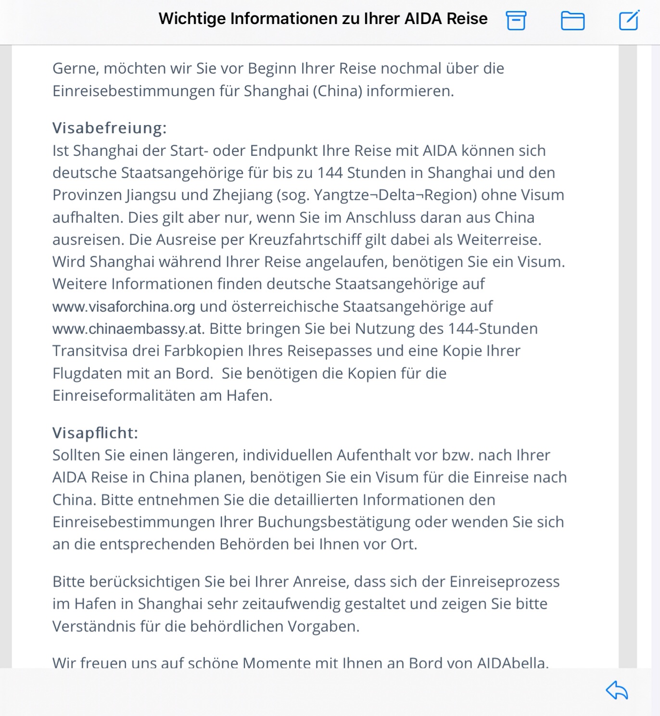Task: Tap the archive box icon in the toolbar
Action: (x=516, y=20)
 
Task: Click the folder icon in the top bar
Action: (x=572, y=21)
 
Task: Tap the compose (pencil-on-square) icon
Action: (x=629, y=20)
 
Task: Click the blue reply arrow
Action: (x=617, y=690)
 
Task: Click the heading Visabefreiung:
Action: (x=109, y=128)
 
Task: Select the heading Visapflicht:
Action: (x=95, y=433)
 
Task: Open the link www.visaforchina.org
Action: (x=124, y=307)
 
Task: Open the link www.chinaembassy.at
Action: (x=128, y=329)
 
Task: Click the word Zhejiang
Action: (x=242, y=195)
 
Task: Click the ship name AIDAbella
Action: (x=512, y=663)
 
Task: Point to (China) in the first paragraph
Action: (x=337, y=91)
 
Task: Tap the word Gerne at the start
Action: (x=76, y=69)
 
